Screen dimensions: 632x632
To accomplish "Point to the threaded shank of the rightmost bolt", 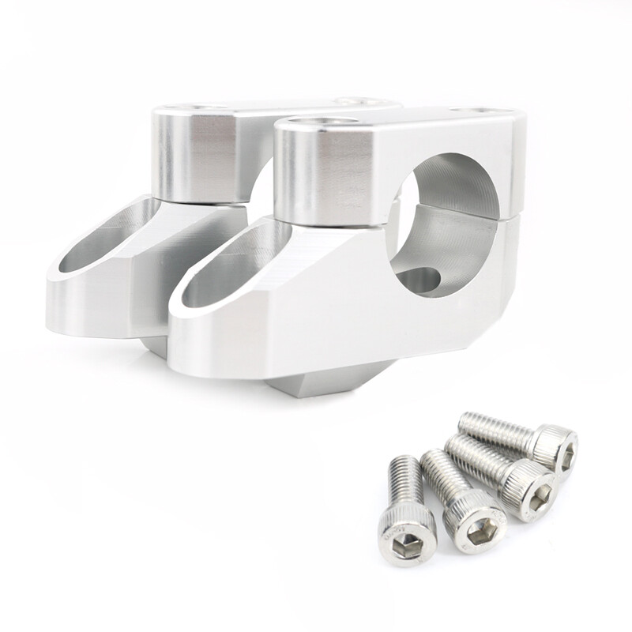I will (494, 429).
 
